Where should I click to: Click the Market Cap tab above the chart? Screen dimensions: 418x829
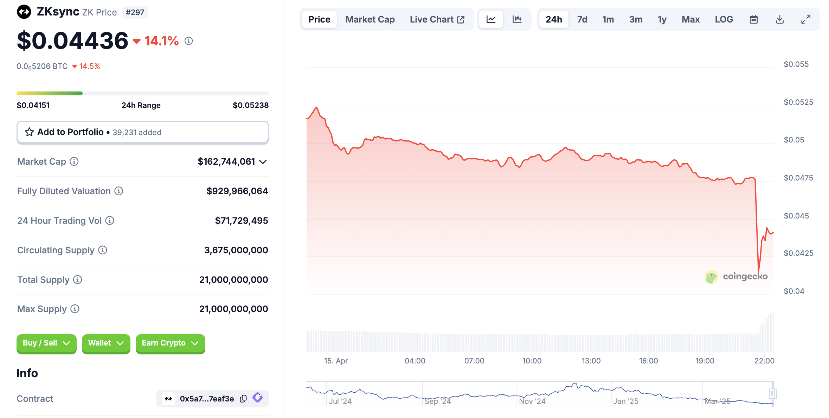tap(370, 19)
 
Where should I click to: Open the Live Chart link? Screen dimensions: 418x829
tap(437, 19)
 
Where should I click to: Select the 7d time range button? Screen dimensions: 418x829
tap(582, 19)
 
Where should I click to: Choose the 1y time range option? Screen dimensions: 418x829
tap(662, 19)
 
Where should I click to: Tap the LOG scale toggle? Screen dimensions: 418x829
tap(724, 19)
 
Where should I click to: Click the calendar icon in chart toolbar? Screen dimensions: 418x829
tap(753, 19)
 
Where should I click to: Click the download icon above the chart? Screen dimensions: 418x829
tap(779, 19)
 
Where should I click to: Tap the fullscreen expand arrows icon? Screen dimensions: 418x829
tap(805, 19)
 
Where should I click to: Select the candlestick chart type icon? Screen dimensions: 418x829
tap(517, 19)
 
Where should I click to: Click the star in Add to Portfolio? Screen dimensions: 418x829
tap(29, 132)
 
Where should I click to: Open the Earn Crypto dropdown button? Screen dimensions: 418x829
tap(170, 343)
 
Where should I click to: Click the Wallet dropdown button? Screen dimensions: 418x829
tap(106, 343)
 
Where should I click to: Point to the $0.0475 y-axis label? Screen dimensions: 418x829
tap(798, 178)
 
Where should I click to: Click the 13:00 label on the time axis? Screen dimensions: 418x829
tap(591, 361)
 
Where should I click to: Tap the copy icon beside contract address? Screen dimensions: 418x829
tap(243, 399)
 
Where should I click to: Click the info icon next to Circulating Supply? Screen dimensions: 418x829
tap(103, 250)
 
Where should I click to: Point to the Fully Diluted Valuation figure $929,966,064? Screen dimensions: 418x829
tap(237, 191)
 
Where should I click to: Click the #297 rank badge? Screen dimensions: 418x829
tap(135, 12)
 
